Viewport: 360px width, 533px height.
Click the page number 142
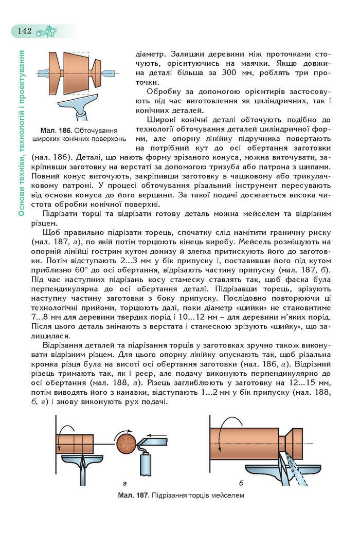click(x=25, y=30)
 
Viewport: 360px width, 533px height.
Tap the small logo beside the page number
click(x=47, y=30)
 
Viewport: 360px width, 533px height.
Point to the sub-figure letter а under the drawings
click(x=125, y=483)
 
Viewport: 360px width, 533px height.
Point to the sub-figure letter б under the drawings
click(x=241, y=483)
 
